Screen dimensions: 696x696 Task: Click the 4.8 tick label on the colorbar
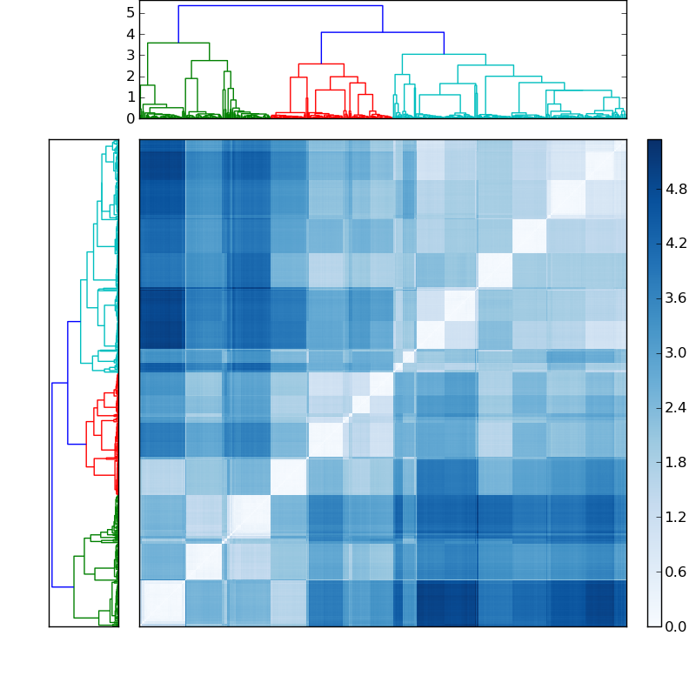click(x=676, y=189)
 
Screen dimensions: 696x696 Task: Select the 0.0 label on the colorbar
click(x=676, y=626)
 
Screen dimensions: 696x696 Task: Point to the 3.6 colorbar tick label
click(x=676, y=298)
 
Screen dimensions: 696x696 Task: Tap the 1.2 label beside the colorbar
click(x=676, y=517)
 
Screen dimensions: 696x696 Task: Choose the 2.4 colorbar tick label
click(x=676, y=408)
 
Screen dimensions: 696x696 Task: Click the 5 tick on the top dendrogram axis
click(x=130, y=12)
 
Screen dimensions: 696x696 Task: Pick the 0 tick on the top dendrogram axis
click(x=130, y=118)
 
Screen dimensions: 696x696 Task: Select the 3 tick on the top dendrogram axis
click(x=130, y=55)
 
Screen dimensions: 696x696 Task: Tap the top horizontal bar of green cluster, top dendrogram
click(x=178, y=43)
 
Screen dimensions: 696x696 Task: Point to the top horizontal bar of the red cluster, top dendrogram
click(x=321, y=64)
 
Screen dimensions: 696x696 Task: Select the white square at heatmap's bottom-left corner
click(x=163, y=602)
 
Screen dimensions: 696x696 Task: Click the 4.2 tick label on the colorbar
click(x=676, y=244)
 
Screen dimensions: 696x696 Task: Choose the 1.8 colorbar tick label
click(x=676, y=462)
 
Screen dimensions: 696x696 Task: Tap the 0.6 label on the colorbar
click(x=676, y=572)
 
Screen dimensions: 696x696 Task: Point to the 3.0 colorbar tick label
click(x=676, y=353)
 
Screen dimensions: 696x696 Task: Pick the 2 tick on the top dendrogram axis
click(x=130, y=76)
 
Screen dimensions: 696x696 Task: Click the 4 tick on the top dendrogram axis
click(x=130, y=34)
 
